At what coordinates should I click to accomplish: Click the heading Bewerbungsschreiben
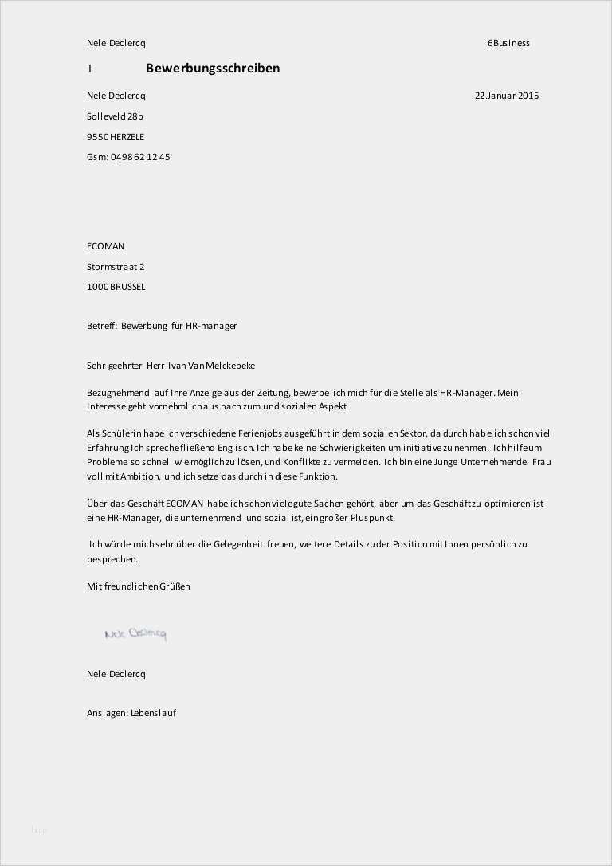(x=212, y=69)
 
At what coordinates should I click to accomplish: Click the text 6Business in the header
(x=508, y=43)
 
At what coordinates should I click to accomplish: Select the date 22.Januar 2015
(x=507, y=96)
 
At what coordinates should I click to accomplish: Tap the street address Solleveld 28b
(x=115, y=116)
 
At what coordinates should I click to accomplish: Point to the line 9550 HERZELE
(x=116, y=137)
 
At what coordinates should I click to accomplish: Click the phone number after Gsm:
(x=140, y=157)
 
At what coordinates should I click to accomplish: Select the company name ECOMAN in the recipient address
(x=105, y=246)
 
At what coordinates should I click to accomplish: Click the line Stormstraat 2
(x=116, y=267)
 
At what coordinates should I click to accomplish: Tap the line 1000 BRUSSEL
(x=116, y=287)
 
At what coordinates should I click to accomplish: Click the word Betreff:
(x=102, y=326)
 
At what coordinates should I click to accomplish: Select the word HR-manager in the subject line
(x=211, y=326)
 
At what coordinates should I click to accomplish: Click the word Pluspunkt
(x=371, y=518)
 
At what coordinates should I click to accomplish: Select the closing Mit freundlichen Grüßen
(x=139, y=586)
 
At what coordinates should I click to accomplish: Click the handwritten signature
(x=135, y=634)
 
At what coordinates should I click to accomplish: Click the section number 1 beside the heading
(x=90, y=69)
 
